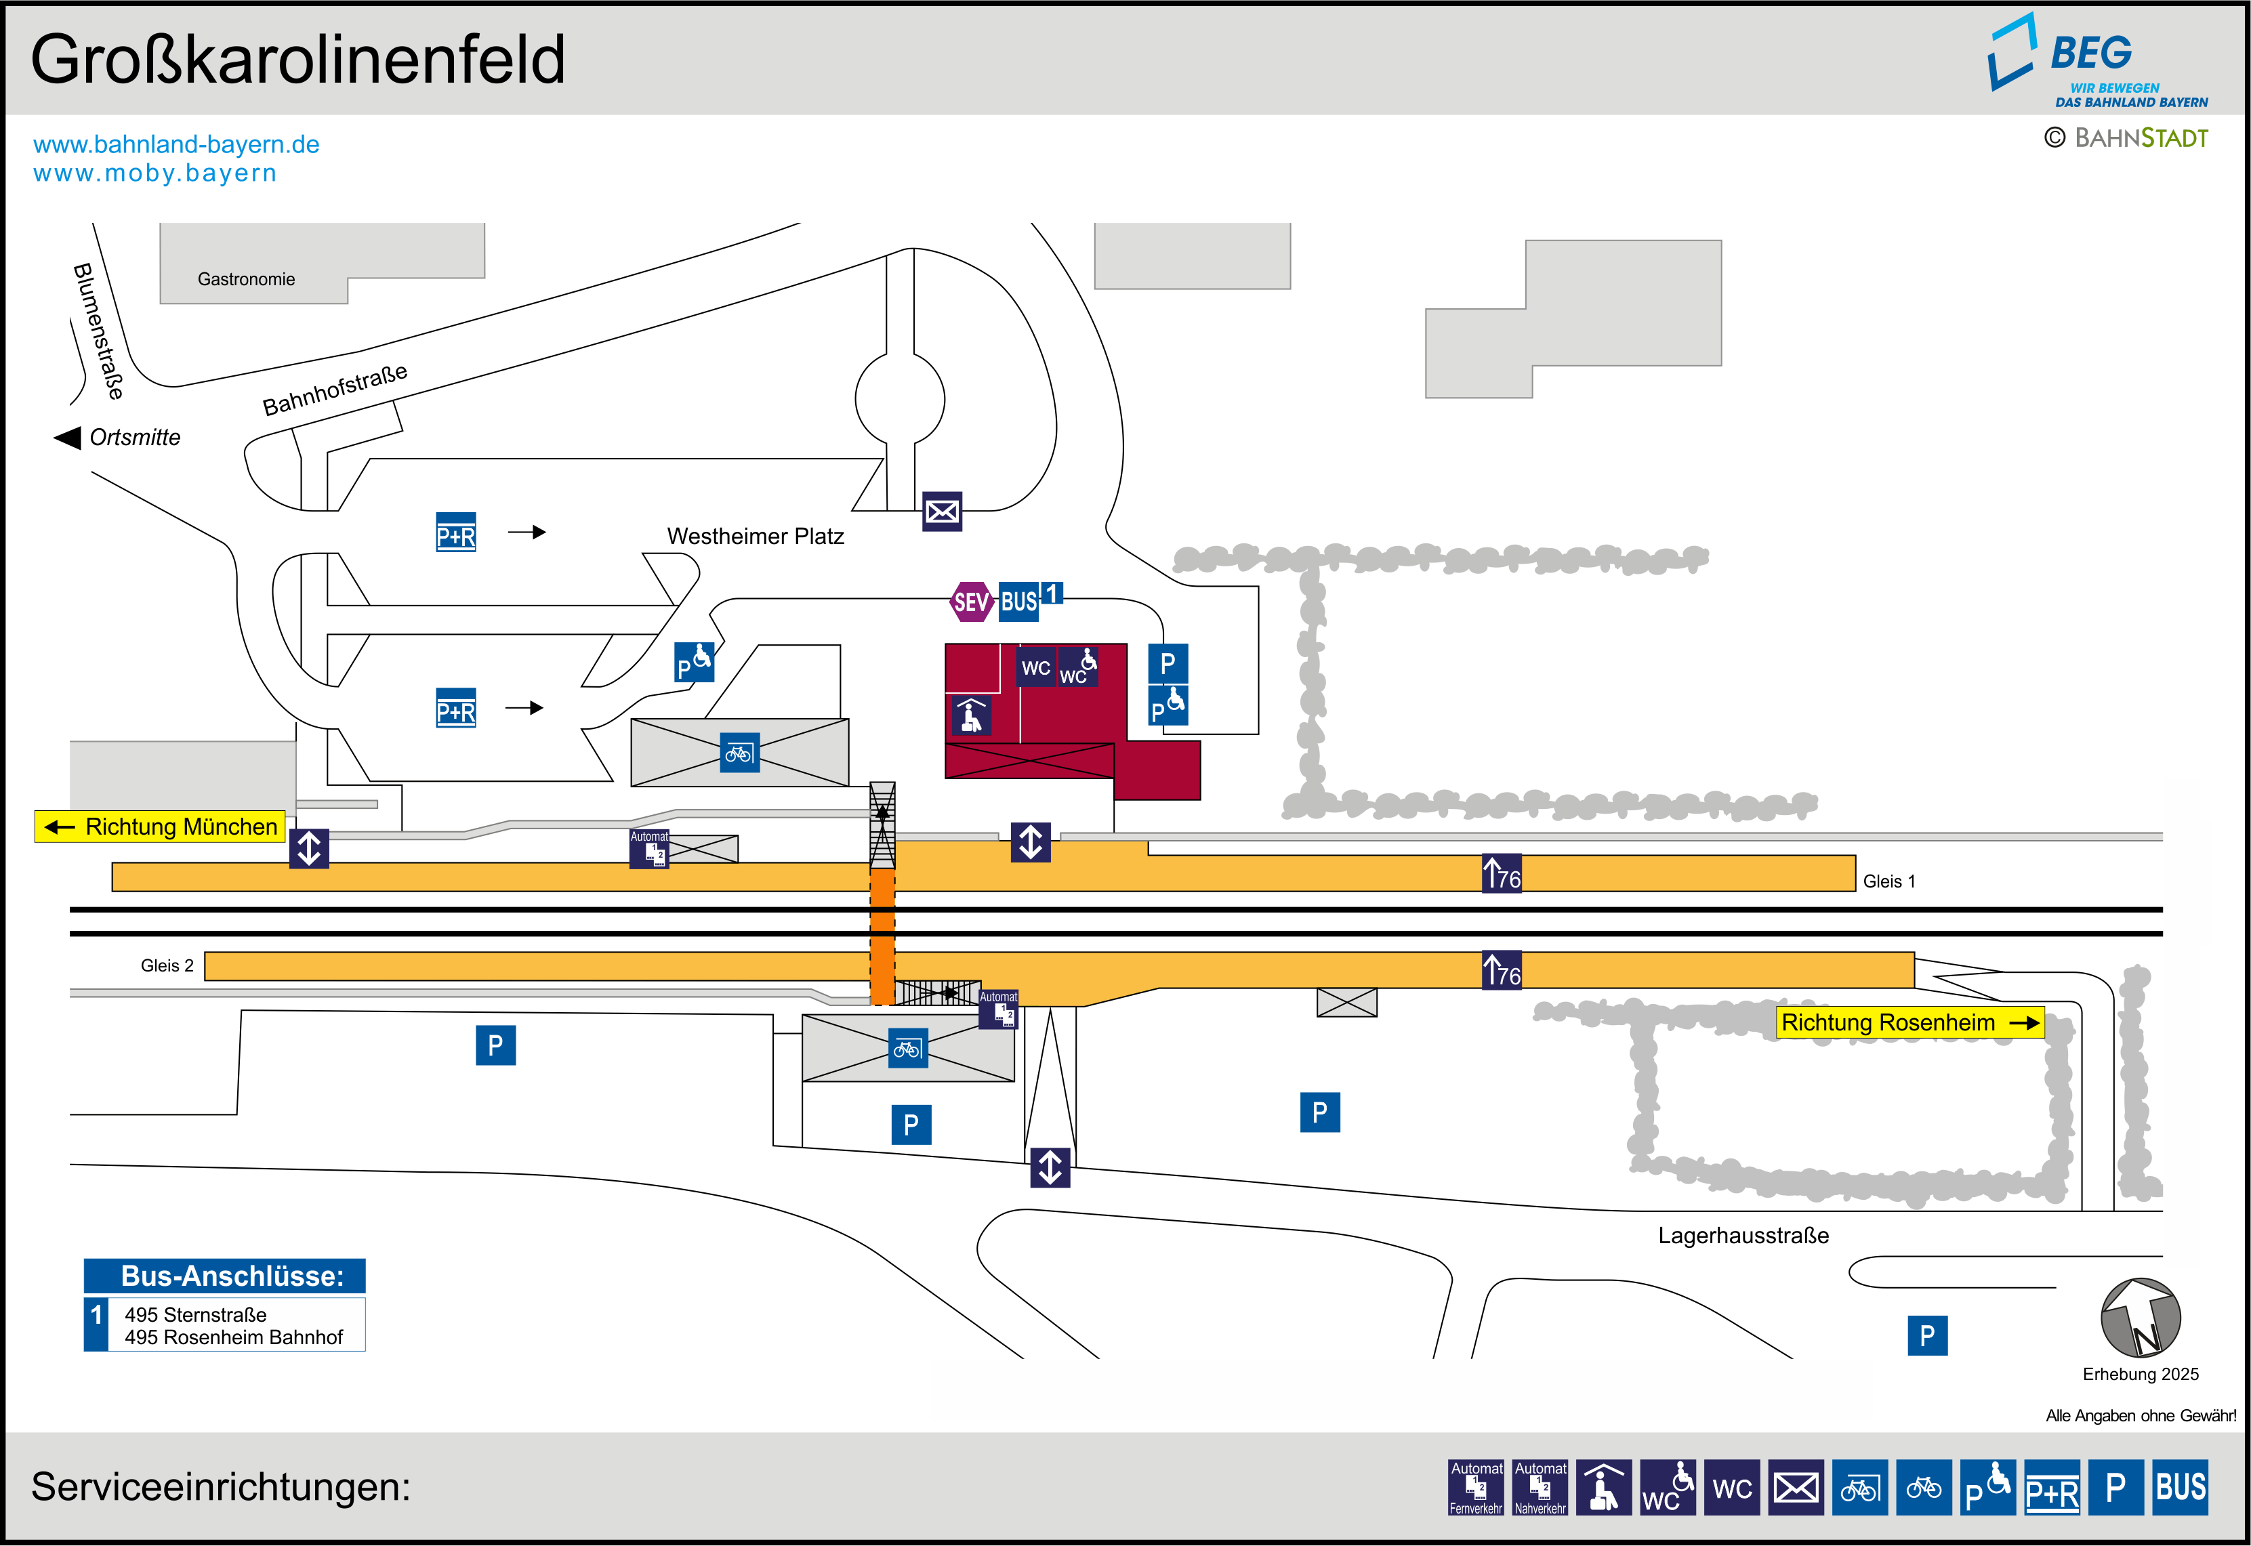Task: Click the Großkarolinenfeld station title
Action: pos(297,60)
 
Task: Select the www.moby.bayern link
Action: pos(155,173)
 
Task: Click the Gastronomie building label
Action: pos(246,279)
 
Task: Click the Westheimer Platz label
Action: pos(756,536)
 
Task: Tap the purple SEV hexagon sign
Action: pos(970,602)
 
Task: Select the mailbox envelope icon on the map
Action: pos(941,511)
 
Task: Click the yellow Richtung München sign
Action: pos(161,827)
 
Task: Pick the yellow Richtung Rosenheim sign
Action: pos(1909,1022)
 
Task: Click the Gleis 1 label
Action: pos(1888,881)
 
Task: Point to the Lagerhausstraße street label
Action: pos(1743,1235)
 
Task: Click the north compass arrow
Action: pos(2141,1318)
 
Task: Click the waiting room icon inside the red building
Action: pos(970,716)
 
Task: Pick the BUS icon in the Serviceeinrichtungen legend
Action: pos(2181,1487)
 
